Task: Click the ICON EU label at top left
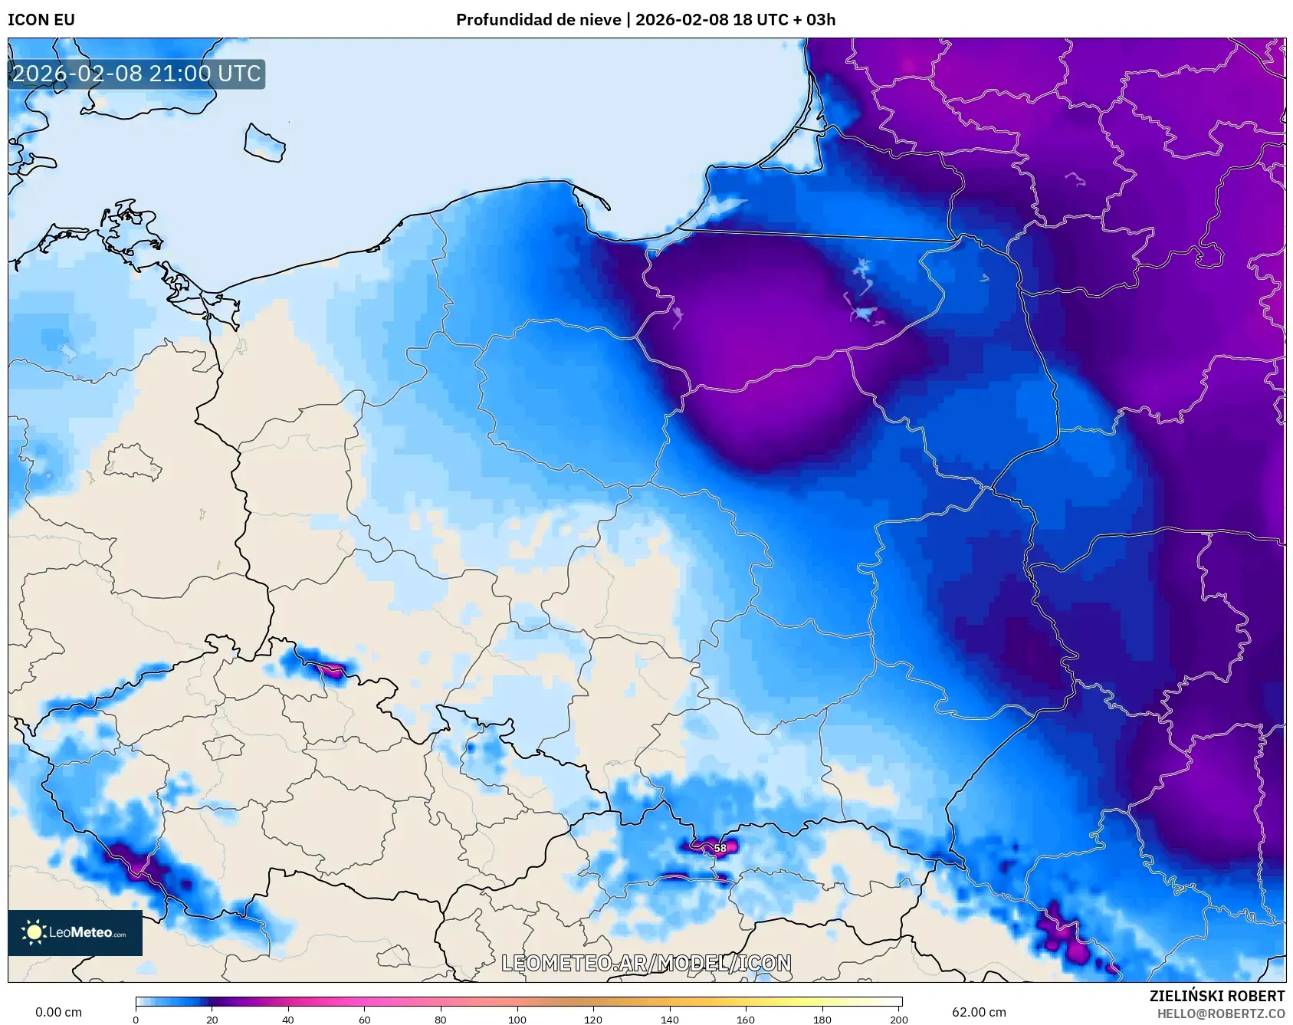click(x=41, y=20)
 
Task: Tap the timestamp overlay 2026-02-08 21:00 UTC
click(x=136, y=74)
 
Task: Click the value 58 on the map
click(x=720, y=848)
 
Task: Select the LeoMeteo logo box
click(x=75, y=932)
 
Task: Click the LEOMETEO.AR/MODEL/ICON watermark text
click(x=646, y=963)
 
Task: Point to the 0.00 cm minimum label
click(x=58, y=1012)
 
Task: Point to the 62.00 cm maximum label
click(x=979, y=1012)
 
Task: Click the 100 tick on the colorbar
click(x=517, y=1020)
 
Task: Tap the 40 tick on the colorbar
click(x=288, y=1020)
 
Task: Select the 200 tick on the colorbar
click(x=899, y=1020)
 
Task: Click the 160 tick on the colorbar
click(x=746, y=1020)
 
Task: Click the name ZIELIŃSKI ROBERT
click(x=1216, y=996)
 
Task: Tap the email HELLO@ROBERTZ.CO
click(x=1220, y=1014)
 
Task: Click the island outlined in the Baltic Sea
click(x=264, y=143)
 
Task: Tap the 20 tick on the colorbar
click(x=212, y=1020)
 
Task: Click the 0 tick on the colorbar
click(x=136, y=1020)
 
